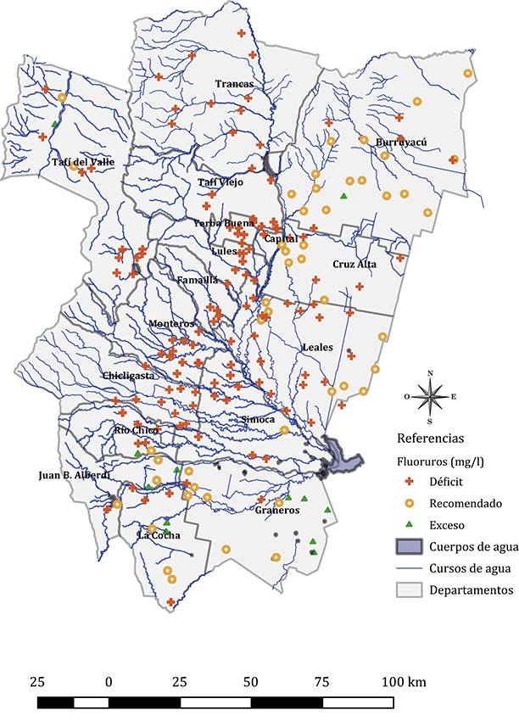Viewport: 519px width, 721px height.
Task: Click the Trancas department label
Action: pos(235,84)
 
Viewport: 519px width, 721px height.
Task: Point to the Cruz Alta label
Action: pos(354,265)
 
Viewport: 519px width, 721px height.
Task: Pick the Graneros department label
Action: pos(277,511)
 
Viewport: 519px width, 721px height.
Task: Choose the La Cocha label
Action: pos(157,535)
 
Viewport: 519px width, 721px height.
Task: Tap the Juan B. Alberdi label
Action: pos(74,475)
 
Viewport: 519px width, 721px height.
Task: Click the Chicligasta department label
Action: pos(128,375)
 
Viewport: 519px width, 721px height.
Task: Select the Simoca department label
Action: pos(258,419)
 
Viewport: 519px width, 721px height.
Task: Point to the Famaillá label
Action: pos(198,279)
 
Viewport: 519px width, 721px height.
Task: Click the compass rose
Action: pos(430,396)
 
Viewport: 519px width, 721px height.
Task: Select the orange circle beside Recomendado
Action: pos(411,503)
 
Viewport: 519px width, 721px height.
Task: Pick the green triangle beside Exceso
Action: pos(411,525)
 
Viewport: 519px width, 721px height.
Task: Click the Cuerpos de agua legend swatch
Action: pos(411,546)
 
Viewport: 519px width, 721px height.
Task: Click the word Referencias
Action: pos(430,439)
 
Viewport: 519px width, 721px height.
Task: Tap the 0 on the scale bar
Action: pos(109,682)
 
